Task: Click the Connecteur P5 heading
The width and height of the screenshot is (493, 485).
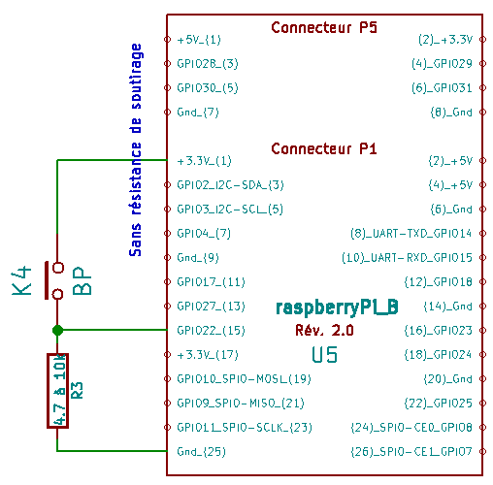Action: pyautogui.click(x=324, y=27)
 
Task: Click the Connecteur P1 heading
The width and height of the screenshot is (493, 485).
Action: pyautogui.click(x=324, y=148)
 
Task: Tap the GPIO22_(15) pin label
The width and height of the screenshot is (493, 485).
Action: pyautogui.click(x=211, y=331)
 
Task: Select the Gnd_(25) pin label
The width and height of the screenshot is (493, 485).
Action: pyautogui.click(x=201, y=451)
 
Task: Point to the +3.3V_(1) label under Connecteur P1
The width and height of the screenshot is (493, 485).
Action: pyautogui.click(x=204, y=161)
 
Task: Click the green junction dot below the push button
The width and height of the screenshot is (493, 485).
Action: pyautogui.click(x=57, y=330)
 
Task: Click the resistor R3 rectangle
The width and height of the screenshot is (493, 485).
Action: pyautogui.click(x=57, y=391)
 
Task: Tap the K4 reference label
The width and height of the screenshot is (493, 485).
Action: pyautogui.click(x=21, y=280)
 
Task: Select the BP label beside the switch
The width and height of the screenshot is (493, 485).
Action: pyautogui.click(x=82, y=280)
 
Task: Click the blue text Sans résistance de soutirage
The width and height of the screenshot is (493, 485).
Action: pyautogui.click(x=136, y=150)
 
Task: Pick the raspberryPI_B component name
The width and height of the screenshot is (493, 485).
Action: pyautogui.click(x=337, y=307)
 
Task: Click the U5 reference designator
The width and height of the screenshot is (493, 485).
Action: pyautogui.click(x=324, y=355)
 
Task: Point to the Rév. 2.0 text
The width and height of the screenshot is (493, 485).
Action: pyautogui.click(x=324, y=331)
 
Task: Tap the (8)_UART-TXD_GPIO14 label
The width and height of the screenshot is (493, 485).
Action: pyautogui.click(x=411, y=234)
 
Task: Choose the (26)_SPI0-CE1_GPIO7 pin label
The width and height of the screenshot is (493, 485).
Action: pyautogui.click(x=411, y=451)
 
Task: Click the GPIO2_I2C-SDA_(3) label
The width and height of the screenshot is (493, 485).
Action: pyautogui.click(x=230, y=185)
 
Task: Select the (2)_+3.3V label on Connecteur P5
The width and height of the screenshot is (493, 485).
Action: pyautogui.click(x=445, y=40)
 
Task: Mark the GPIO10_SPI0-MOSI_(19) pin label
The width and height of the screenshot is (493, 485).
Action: pyautogui.click(x=244, y=379)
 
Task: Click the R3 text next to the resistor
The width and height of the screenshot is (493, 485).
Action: pyautogui.click(x=77, y=391)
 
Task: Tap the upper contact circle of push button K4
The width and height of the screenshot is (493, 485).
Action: pyautogui.click(x=58, y=268)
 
